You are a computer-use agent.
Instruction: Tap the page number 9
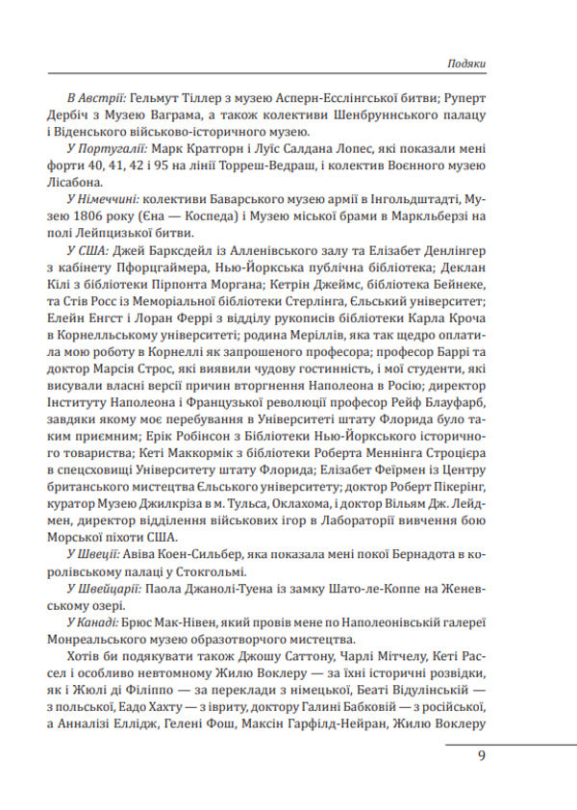pyautogui.click(x=481, y=755)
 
